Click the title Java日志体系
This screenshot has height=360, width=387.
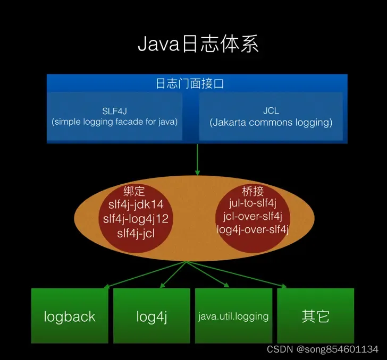[x=198, y=44]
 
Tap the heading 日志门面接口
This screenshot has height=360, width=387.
[x=197, y=84]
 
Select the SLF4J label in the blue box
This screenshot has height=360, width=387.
[x=115, y=111]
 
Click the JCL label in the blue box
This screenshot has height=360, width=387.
[x=271, y=111]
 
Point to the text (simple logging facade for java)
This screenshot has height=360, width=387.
[x=115, y=122]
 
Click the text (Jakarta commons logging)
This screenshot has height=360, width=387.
[x=271, y=122]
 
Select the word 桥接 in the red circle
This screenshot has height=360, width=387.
[x=253, y=191]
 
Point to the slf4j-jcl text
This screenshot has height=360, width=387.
[x=136, y=232]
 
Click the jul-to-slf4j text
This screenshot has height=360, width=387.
[x=253, y=203]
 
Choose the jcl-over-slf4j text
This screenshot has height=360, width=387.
[x=253, y=217]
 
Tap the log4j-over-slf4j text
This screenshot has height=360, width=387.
[x=253, y=229]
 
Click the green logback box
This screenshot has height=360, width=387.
[x=70, y=317]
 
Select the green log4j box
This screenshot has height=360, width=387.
[x=152, y=317]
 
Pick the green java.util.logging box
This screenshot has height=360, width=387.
[x=233, y=317]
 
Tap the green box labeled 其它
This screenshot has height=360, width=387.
[x=315, y=317]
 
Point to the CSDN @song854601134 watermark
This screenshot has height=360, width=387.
[x=322, y=349]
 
